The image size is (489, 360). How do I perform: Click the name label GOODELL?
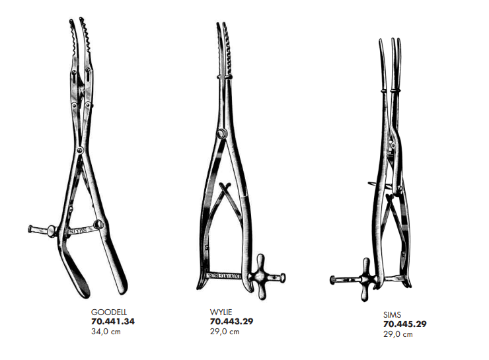coord(108,310)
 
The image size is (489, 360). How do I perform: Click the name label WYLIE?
coord(220,312)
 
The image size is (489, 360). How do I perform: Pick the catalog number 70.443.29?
coord(231,322)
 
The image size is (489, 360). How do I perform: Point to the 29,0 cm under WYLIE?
coord(224,332)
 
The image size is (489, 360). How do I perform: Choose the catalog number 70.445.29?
coord(404,324)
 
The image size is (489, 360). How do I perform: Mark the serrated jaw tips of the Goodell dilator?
coord(77,33)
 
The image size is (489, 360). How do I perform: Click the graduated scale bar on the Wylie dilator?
coord(223,274)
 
